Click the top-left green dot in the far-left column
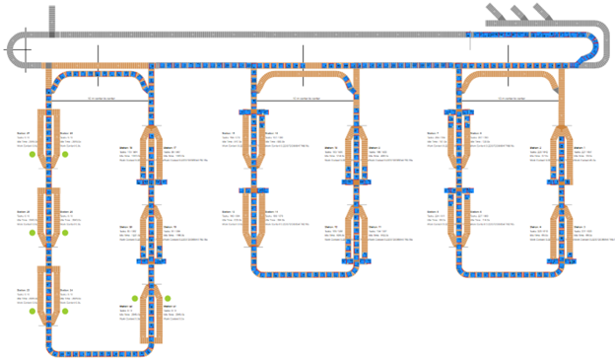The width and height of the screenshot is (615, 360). tap(33, 155)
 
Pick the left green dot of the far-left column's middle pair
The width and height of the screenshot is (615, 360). tap(33, 233)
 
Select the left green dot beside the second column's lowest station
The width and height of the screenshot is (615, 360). tap(135, 299)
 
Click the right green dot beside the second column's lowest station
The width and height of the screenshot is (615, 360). tap(169, 299)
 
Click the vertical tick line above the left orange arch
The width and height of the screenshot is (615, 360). tap(99, 55)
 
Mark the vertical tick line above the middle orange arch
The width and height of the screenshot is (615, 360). tap(304, 55)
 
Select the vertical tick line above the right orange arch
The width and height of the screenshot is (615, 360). tap(509, 55)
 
